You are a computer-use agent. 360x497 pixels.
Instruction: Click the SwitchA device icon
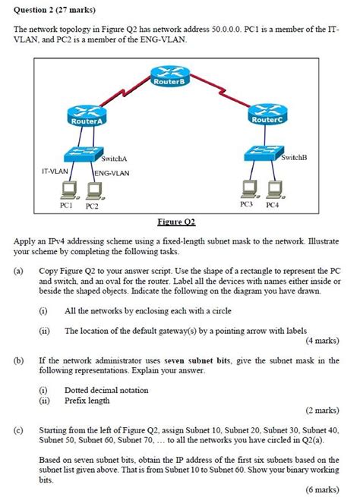pyautogui.click(x=83, y=154)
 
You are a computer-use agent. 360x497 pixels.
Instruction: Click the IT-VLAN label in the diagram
pyautogui.click(x=57, y=173)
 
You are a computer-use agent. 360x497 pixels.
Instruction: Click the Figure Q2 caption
pyautogui.click(x=176, y=222)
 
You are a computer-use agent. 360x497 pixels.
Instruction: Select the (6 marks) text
pyautogui.click(x=322, y=490)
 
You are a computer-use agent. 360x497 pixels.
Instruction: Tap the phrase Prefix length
pyautogui.click(x=89, y=400)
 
